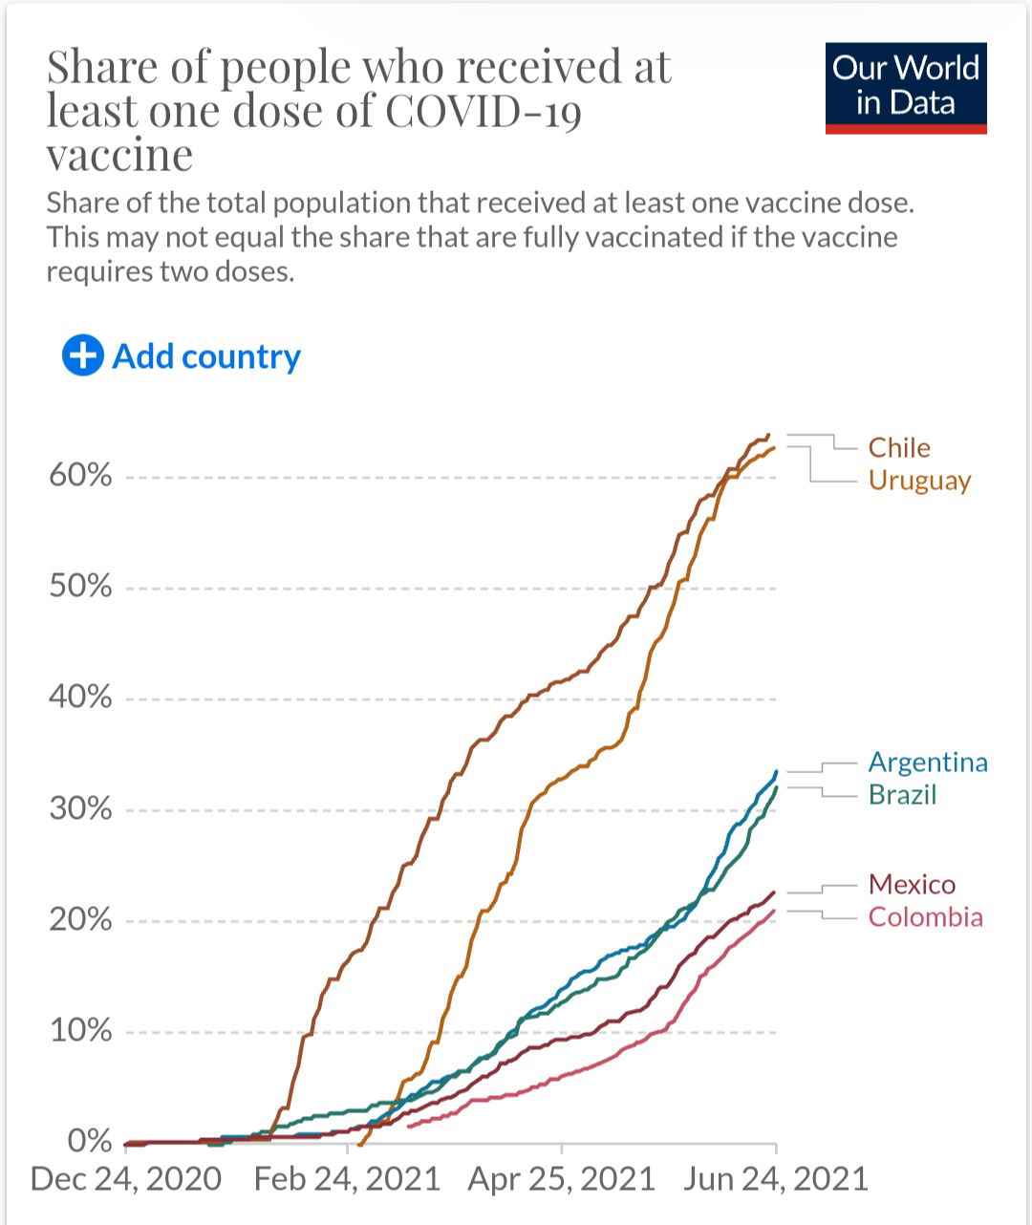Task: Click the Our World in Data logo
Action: click(x=906, y=88)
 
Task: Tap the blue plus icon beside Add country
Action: click(x=83, y=355)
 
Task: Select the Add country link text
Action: click(x=206, y=356)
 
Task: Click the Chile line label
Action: click(x=899, y=447)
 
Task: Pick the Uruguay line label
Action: click(x=919, y=480)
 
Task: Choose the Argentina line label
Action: click(x=928, y=762)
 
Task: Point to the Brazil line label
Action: click(x=902, y=794)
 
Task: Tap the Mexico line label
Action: click(x=912, y=884)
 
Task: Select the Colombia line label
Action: click(x=925, y=916)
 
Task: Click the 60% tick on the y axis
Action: click(x=80, y=475)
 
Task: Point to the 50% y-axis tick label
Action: click(x=80, y=586)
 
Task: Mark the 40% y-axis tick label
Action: click(x=80, y=697)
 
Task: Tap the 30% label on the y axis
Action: click(x=80, y=808)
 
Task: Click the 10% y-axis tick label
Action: click(x=80, y=1030)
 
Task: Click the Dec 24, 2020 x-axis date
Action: click(x=126, y=1178)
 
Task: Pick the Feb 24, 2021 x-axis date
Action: click(x=347, y=1178)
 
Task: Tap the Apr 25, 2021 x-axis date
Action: click(x=562, y=1178)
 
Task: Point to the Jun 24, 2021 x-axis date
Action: click(x=775, y=1178)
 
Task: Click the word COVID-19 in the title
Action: click(x=484, y=111)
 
